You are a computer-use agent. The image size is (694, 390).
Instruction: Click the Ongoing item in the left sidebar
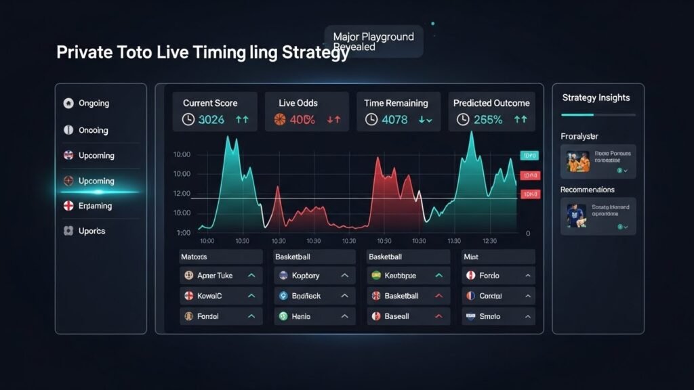tap(94, 104)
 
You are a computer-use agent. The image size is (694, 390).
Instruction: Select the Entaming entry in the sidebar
tap(95, 206)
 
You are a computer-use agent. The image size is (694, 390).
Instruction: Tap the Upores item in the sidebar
tap(91, 231)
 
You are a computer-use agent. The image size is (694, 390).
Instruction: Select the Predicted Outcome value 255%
tap(488, 120)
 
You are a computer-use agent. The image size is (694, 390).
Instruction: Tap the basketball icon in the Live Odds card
tap(279, 120)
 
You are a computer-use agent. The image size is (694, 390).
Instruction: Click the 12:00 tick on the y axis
tap(182, 194)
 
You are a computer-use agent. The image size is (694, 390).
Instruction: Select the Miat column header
tap(471, 257)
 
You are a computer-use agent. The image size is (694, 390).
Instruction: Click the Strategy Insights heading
tap(596, 98)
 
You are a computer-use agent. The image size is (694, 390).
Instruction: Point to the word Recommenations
tap(588, 190)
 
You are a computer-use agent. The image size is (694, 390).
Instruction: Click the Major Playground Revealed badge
tap(373, 41)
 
